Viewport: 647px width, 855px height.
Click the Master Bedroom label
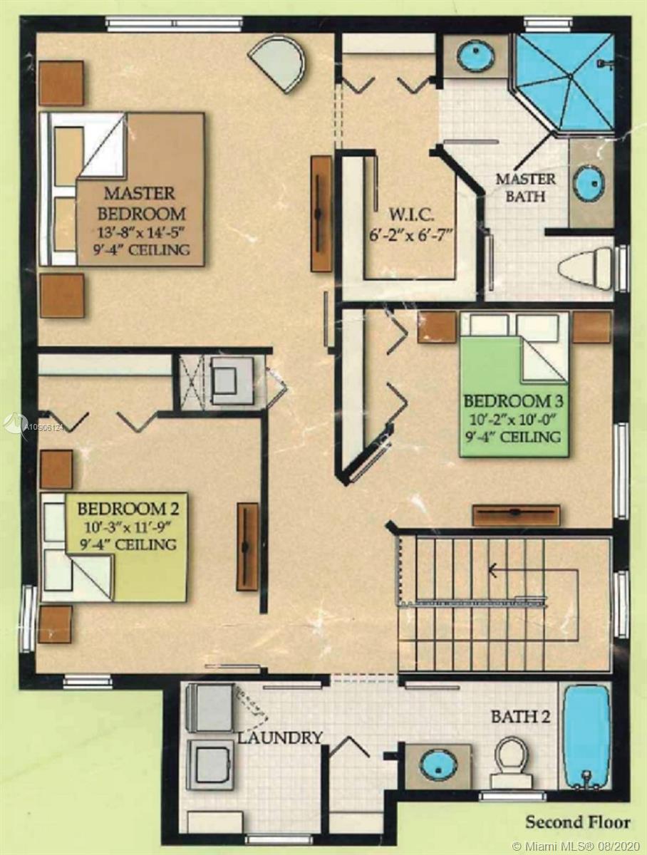(x=140, y=204)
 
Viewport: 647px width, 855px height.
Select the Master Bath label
(x=525, y=187)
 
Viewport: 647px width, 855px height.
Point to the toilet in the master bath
(x=584, y=269)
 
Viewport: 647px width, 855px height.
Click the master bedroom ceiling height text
(x=141, y=249)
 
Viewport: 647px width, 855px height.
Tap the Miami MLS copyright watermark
(x=576, y=843)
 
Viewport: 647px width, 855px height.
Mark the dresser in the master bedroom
(x=321, y=214)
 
